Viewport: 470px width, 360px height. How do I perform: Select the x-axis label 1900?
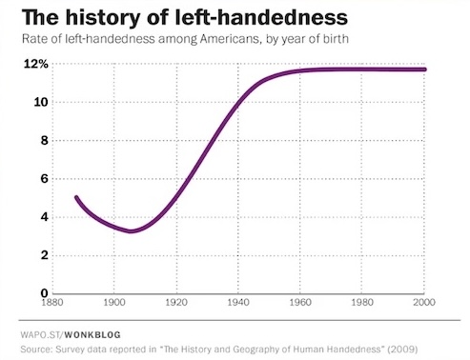(114, 304)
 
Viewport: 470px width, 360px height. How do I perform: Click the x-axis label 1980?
(363, 304)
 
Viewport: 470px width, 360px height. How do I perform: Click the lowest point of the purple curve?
(132, 230)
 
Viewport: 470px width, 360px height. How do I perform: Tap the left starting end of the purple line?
(76, 197)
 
